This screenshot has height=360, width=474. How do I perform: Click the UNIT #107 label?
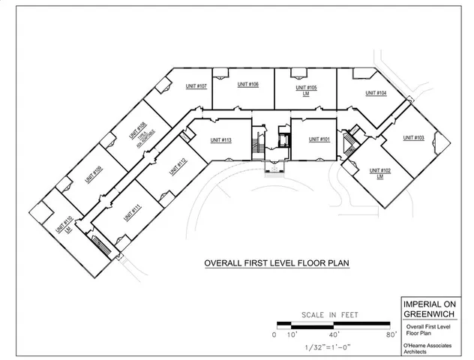(196, 86)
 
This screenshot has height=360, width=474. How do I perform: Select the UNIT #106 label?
(248, 85)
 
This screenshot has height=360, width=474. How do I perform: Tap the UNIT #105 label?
(306, 88)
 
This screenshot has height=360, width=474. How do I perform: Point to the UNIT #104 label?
(376, 93)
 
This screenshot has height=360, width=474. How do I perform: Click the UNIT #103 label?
(413, 138)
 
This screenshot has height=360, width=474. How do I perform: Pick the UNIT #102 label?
(380, 171)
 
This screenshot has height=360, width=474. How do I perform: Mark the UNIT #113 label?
(220, 140)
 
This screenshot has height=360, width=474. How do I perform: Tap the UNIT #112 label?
(177, 164)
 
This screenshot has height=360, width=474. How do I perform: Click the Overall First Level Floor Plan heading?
(277, 264)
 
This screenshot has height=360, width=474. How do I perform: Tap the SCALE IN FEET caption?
(331, 315)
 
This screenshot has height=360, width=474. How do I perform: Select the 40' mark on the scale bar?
(334, 334)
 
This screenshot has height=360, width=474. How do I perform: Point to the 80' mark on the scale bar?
(391, 334)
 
